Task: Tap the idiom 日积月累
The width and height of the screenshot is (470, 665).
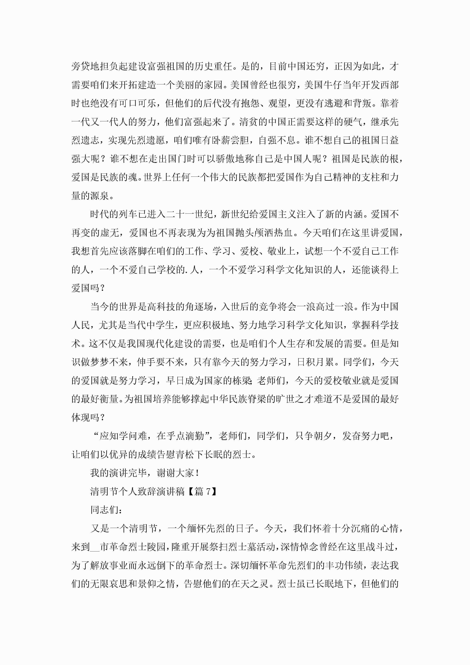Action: click(316, 362)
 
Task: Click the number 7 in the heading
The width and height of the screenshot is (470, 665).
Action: click(208, 492)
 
